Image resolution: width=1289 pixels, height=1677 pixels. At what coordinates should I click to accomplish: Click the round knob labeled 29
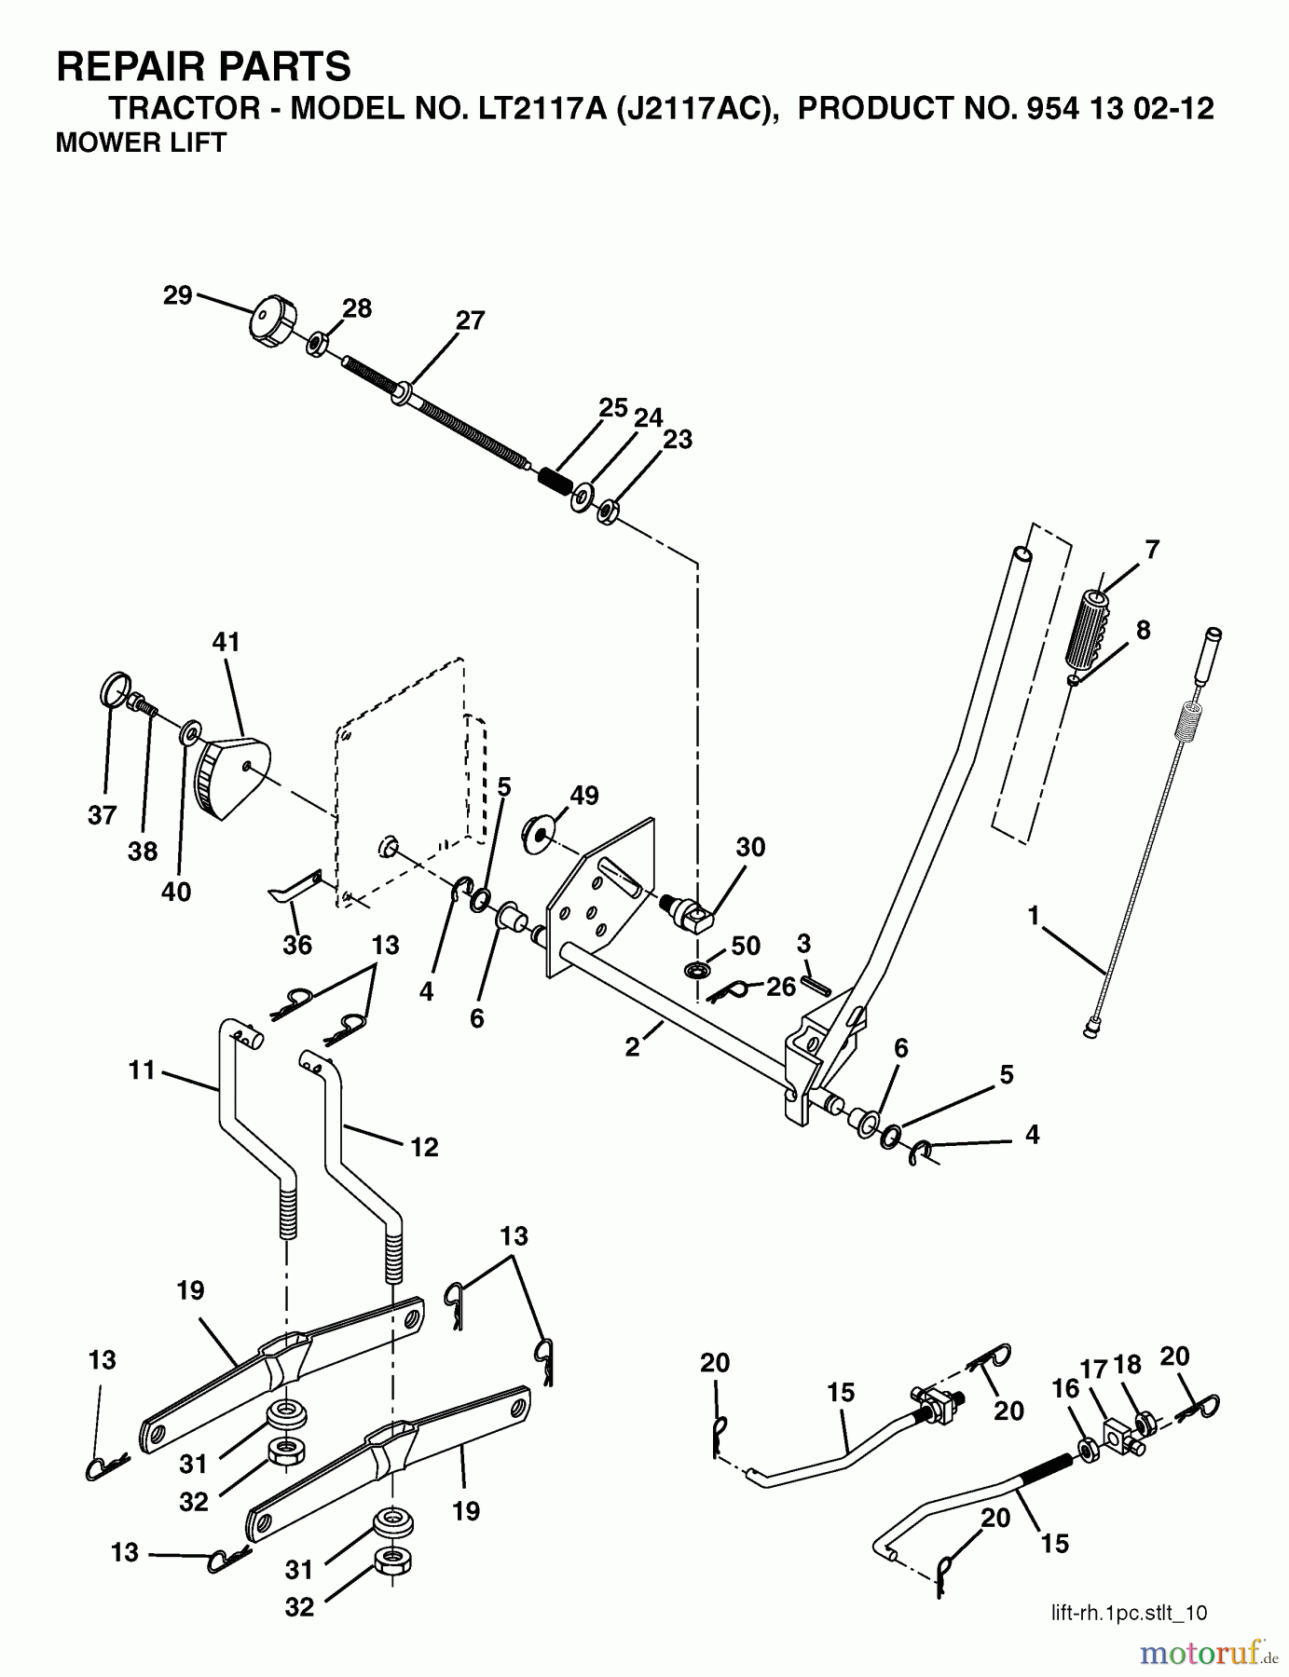coord(271,321)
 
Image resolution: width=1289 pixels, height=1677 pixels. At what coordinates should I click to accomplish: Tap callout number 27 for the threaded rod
coord(470,320)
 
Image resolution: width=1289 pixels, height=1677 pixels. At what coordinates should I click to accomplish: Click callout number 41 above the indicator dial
coord(226,642)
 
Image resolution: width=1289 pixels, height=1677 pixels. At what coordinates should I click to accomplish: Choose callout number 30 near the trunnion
coord(749,847)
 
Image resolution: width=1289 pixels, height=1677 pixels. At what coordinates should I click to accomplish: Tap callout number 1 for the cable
coord(1033,916)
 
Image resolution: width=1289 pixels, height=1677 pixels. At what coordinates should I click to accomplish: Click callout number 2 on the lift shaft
coord(633,1047)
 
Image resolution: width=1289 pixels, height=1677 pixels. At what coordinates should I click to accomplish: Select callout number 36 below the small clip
coord(297,945)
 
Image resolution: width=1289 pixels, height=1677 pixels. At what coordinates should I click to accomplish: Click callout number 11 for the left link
coord(142,1070)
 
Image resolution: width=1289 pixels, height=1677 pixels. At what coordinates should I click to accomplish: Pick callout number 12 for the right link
coord(423,1147)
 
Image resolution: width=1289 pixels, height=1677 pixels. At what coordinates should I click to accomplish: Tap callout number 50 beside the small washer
coord(746,946)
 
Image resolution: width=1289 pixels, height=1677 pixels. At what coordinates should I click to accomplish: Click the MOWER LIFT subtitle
coord(141,143)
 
